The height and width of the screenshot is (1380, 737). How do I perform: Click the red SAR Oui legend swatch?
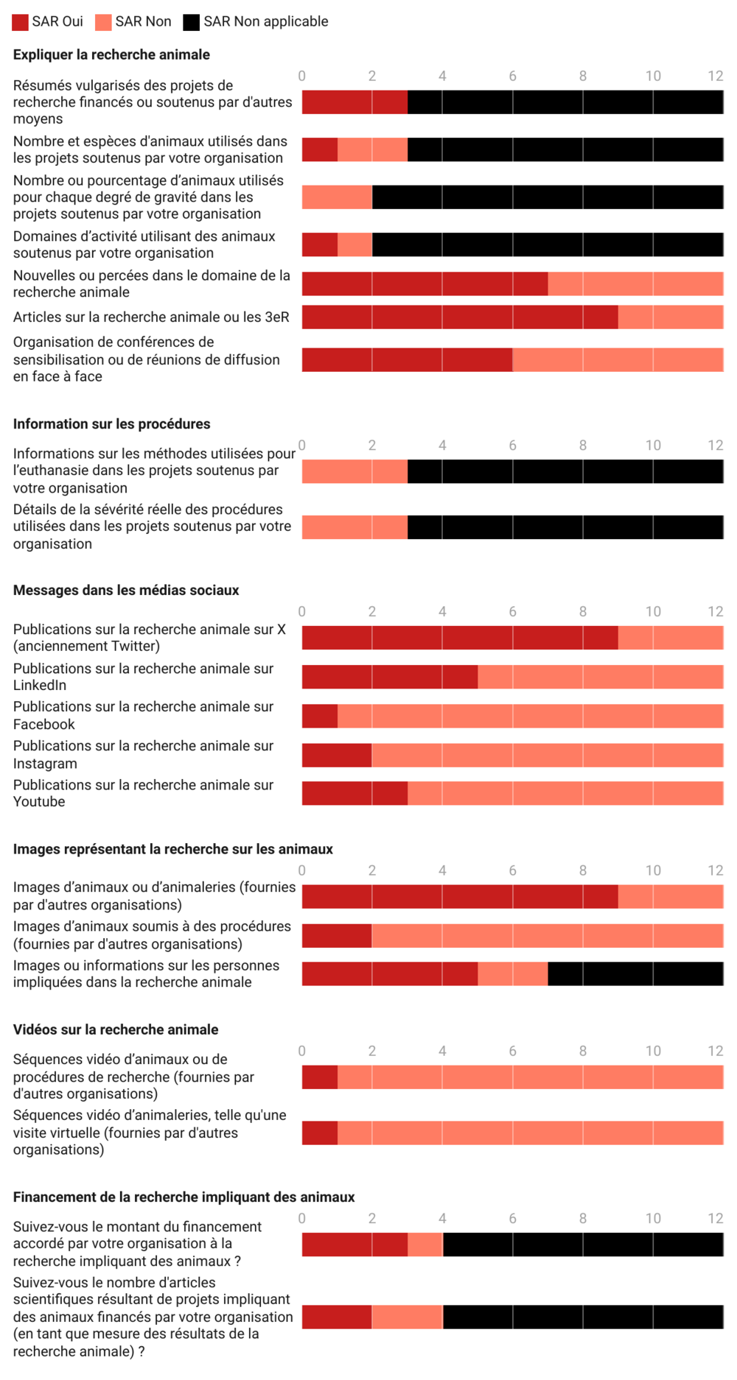click(x=21, y=22)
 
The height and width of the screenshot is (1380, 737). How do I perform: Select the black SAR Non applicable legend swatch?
click(x=192, y=22)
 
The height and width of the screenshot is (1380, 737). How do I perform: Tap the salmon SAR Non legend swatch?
click(x=103, y=22)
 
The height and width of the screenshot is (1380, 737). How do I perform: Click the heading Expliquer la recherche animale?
click(x=111, y=54)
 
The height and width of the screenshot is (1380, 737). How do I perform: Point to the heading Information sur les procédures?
click(x=112, y=424)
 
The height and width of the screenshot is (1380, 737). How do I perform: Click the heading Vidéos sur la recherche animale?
click(x=116, y=1029)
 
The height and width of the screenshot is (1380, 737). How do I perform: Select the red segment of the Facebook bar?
click(x=320, y=716)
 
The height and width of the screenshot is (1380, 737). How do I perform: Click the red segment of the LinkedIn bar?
click(x=390, y=677)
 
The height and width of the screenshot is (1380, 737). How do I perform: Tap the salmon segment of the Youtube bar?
click(x=565, y=793)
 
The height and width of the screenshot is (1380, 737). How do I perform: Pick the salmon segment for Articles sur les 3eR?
click(x=671, y=317)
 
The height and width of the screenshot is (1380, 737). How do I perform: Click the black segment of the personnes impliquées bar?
click(x=635, y=974)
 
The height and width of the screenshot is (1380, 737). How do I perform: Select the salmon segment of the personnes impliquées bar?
click(x=513, y=974)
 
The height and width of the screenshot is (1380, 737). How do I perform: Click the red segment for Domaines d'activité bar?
click(x=320, y=244)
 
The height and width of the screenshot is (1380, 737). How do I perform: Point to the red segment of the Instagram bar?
click(x=337, y=755)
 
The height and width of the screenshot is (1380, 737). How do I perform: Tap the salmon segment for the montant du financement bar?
click(x=425, y=1245)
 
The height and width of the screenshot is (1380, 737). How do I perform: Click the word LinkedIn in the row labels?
click(x=40, y=686)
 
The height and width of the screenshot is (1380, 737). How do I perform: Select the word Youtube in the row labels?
click(x=39, y=802)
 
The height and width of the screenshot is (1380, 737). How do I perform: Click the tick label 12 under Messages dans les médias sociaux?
click(x=716, y=612)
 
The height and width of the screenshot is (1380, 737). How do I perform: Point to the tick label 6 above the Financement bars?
click(x=513, y=1219)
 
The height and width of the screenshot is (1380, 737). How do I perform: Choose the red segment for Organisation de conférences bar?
click(x=408, y=359)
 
